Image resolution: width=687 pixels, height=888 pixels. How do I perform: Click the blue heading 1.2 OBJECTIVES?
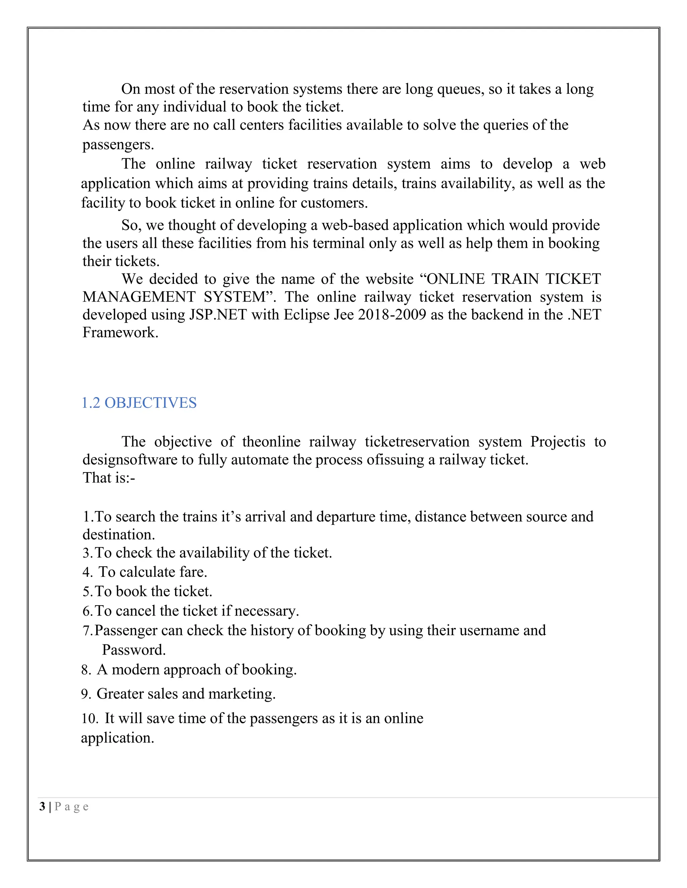coord(139,403)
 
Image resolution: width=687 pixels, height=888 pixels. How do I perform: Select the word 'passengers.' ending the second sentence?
coord(118,144)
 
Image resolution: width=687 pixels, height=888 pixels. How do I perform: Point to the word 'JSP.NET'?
coord(218,315)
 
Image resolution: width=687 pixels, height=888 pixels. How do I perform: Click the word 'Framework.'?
coord(120,333)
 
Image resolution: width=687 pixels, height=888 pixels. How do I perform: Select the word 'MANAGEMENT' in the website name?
coord(139,297)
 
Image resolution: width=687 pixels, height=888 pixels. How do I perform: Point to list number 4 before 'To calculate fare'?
coord(87,572)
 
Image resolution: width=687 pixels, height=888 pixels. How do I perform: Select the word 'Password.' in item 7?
coord(134,650)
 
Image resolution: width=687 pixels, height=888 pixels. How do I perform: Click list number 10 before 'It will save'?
coord(90,718)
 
